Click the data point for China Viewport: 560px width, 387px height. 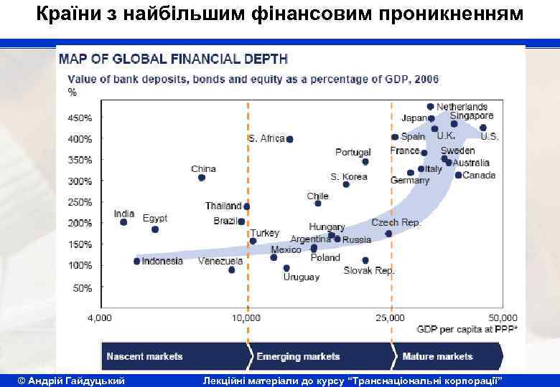[x=202, y=178]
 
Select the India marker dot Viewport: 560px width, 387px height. [x=123, y=222]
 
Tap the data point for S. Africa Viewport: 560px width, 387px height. [x=290, y=139]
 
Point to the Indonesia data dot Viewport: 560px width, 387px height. [x=136, y=261]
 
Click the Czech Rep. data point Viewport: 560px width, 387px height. [x=388, y=233]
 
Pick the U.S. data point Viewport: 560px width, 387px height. [x=483, y=128]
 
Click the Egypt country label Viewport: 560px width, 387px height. [x=154, y=218]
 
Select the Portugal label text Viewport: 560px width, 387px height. [x=353, y=152]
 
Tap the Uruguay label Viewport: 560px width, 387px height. [x=301, y=277]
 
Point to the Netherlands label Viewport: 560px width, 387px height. [x=462, y=107]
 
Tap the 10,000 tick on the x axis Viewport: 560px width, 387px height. [x=247, y=317]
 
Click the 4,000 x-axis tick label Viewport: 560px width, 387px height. [x=99, y=317]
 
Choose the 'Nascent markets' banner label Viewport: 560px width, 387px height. [x=144, y=356]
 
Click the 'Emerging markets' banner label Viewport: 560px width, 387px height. [x=298, y=356]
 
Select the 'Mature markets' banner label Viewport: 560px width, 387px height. [x=437, y=356]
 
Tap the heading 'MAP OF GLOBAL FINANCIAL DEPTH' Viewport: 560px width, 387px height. [x=172, y=59]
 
